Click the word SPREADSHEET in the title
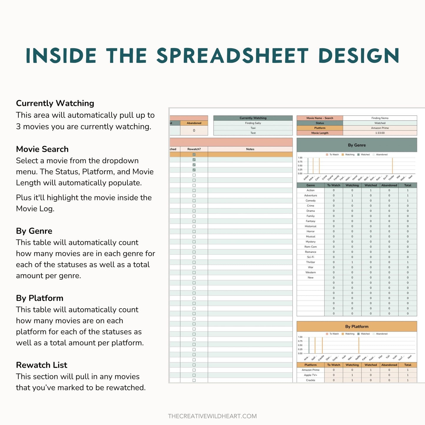[232, 56]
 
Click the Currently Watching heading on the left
[55, 103]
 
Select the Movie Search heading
[42, 149]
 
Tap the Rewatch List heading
[41, 365]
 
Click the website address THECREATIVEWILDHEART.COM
[212, 416]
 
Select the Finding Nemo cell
[380, 118]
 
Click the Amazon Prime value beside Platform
[380, 128]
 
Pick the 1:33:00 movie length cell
[380, 133]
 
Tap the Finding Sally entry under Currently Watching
[253, 123]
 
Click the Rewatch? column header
[194, 149]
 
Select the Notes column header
[250, 149]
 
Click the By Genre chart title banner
[357, 145]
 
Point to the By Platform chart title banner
[357, 326]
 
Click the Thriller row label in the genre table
[311, 262]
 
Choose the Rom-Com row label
[311, 247]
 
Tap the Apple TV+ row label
[311, 375]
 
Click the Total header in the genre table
[408, 185]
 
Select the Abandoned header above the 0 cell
[194, 123]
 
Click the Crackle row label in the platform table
[311, 380]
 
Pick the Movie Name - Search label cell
[320, 118]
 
